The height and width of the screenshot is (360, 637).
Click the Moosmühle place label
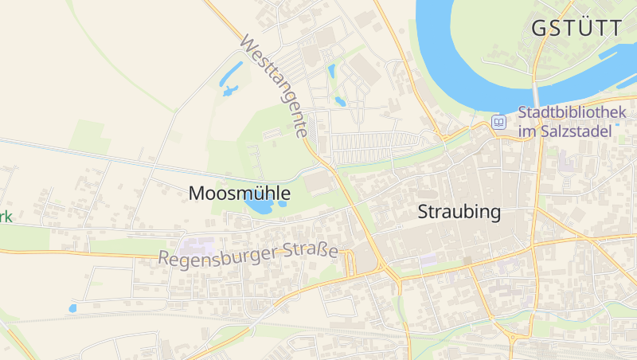click(x=239, y=193)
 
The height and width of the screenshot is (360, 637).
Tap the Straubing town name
click(x=459, y=213)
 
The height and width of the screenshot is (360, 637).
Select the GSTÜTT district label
click(x=576, y=29)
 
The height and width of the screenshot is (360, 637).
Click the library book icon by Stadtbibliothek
click(x=499, y=122)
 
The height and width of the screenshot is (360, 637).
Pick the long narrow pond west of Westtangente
click(x=232, y=76)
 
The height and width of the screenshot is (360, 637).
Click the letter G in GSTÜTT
click(x=539, y=29)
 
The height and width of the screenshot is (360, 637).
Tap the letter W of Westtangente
click(x=246, y=43)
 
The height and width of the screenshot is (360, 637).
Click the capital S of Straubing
click(x=424, y=213)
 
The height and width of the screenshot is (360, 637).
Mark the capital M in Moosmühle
click(x=196, y=193)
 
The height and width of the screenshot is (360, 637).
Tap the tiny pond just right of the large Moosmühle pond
click(x=282, y=204)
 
